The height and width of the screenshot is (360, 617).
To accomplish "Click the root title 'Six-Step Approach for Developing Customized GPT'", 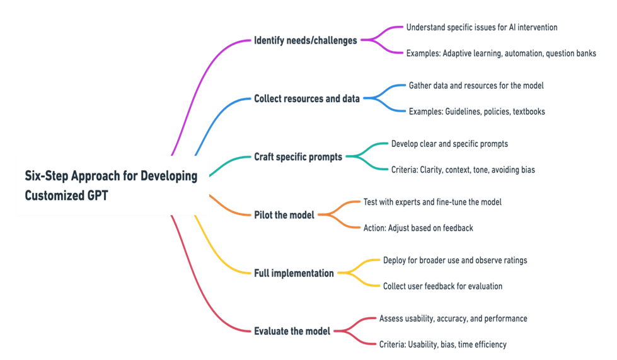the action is click(x=111, y=185).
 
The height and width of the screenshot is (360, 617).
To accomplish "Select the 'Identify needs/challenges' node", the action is click(x=306, y=40).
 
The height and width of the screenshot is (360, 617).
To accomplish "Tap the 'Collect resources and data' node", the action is click(x=306, y=98).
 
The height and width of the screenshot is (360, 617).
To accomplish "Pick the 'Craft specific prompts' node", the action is click(x=298, y=157).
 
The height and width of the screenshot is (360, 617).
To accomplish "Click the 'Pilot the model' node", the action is click(x=284, y=215).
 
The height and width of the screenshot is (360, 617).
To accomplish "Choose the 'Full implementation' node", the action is click(x=294, y=273).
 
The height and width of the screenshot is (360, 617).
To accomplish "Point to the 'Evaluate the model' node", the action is click(x=292, y=331).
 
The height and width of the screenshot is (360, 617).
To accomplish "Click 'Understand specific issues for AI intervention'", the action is click(x=481, y=28).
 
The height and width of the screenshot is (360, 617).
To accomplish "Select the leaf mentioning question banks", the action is click(x=501, y=54).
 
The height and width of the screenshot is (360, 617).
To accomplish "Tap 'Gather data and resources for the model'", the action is click(x=476, y=86).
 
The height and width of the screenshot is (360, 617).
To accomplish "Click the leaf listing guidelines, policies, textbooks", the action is click(x=477, y=112).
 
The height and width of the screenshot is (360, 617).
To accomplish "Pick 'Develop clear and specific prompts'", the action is click(x=449, y=144).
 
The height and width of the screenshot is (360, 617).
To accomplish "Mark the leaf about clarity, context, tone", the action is click(x=463, y=170).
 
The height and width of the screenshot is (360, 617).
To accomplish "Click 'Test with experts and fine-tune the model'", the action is click(x=432, y=202).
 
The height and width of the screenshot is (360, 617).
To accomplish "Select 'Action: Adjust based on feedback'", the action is click(x=418, y=228).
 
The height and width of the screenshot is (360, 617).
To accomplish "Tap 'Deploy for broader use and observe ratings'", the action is click(x=455, y=260).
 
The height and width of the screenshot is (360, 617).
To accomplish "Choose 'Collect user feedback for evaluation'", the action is click(x=442, y=286).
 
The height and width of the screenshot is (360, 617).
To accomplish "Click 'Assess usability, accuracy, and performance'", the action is click(x=453, y=318).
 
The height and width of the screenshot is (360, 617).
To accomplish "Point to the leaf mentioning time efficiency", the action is click(x=442, y=345).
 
